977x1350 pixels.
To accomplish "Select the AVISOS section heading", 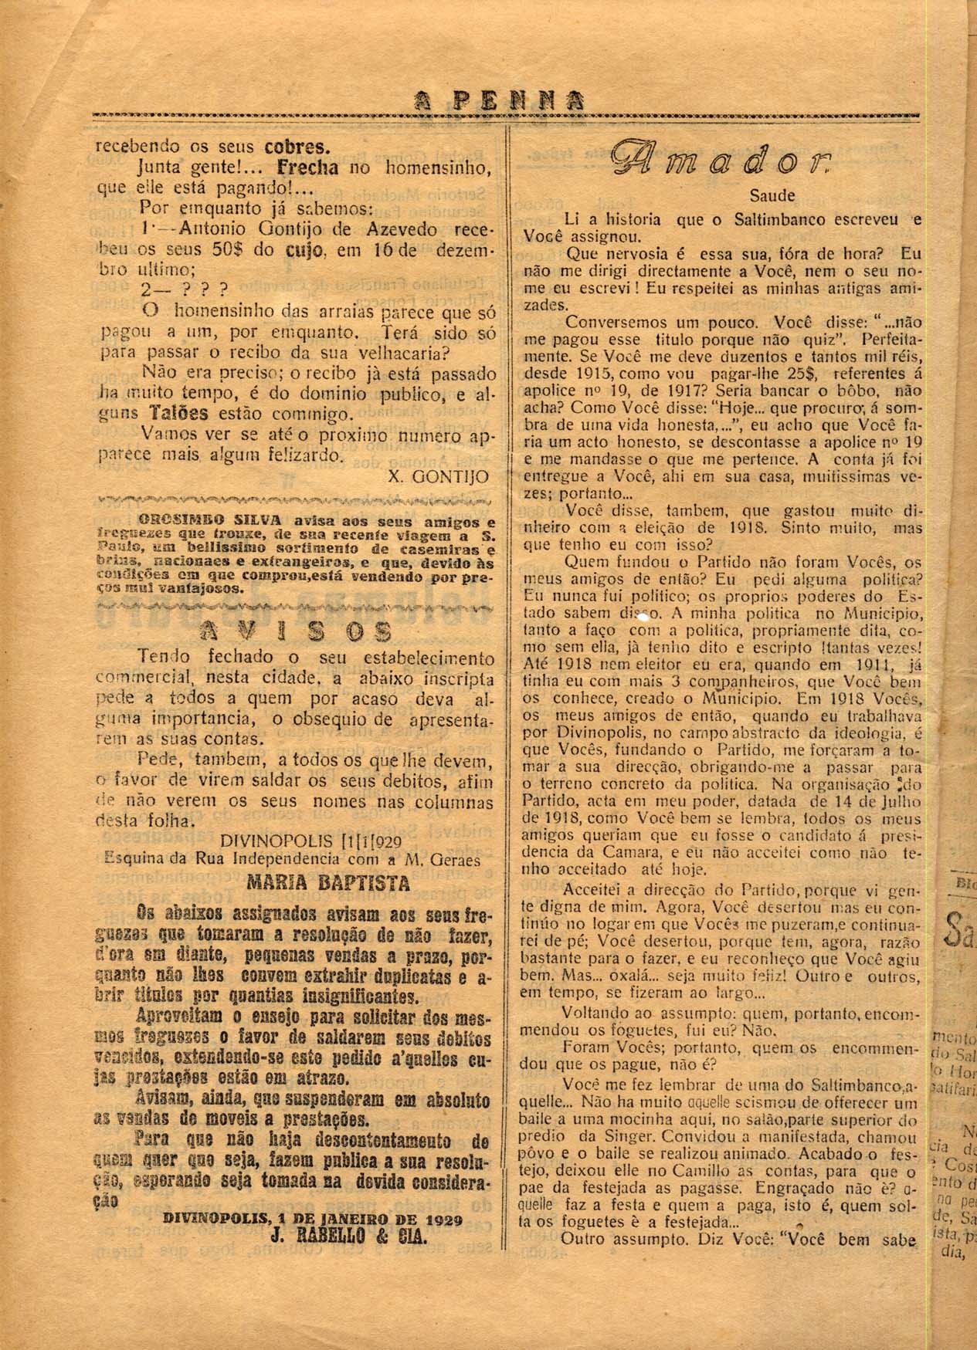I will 295,631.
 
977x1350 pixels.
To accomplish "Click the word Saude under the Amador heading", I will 772,197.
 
